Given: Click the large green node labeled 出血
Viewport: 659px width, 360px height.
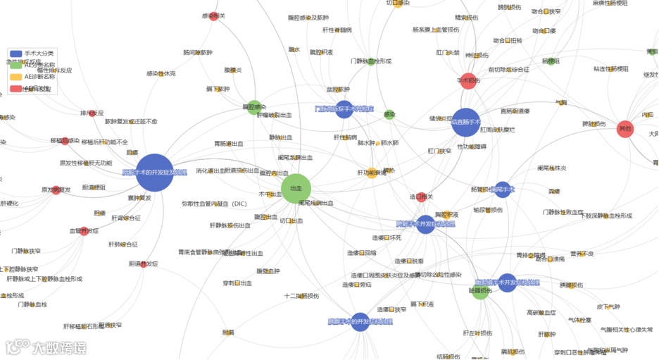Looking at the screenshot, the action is click(296, 189).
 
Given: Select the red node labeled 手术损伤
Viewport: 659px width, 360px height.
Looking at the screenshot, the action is click(468, 81).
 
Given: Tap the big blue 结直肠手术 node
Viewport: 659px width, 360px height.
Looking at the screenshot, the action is click(465, 122).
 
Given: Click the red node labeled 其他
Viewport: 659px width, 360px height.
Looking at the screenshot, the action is click(625, 129).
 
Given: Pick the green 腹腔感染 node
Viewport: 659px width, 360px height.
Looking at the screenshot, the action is click(254, 107).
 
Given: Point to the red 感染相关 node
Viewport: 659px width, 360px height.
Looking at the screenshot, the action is click(213, 16).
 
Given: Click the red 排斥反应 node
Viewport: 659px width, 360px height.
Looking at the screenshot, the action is click(92, 113).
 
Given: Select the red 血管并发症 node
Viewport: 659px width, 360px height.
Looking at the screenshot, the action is click(84, 231).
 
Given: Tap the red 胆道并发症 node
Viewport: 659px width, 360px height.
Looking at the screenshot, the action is click(144, 264).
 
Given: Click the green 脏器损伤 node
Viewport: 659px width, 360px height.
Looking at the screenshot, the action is click(479, 290).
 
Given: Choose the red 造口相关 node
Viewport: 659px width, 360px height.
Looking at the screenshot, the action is click(422, 197).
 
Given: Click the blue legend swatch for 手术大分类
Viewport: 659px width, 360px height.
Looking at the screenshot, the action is click(15, 54).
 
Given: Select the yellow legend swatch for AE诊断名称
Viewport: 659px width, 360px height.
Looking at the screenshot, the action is click(15, 77).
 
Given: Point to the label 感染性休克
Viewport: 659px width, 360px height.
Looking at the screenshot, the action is click(161, 74).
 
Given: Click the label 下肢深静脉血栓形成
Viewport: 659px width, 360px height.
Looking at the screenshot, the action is click(596, 216).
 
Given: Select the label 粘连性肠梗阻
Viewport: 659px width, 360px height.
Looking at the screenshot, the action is click(610, 69).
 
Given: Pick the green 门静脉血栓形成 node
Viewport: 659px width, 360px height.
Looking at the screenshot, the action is click(371, 62).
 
